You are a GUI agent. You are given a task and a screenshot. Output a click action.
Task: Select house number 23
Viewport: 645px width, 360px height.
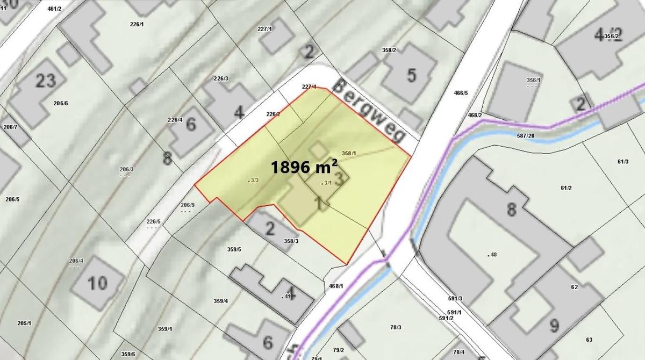(x=46, y=81)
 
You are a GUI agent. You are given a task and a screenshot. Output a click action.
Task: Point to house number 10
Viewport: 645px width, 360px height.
(x=97, y=283)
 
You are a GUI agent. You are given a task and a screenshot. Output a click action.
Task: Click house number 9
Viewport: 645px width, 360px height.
(x=554, y=325)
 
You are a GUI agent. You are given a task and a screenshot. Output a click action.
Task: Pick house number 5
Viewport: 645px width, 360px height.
(x=411, y=75)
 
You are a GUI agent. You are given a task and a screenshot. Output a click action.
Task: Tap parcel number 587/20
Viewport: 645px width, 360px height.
(x=526, y=135)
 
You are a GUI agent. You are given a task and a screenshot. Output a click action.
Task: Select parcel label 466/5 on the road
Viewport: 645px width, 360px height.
(x=461, y=93)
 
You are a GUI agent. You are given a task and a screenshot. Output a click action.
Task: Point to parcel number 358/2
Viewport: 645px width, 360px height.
(x=389, y=50)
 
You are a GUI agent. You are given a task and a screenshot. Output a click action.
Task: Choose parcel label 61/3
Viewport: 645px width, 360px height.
(x=623, y=161)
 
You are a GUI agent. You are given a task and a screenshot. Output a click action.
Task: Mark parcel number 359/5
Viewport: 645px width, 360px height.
(x=234, y=249)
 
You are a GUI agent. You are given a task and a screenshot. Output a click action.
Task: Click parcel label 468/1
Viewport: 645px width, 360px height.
(x=336, y=286)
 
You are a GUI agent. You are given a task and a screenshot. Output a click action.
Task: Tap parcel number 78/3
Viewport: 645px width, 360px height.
(x=397, y=327)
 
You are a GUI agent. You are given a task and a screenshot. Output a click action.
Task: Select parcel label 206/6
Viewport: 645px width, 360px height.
(x=61, y=103)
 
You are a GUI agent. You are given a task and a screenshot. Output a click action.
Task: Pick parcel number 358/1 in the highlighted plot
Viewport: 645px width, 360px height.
(x=349, y=154)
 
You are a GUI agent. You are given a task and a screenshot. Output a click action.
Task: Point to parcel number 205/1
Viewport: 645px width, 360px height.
(x=24, y=323)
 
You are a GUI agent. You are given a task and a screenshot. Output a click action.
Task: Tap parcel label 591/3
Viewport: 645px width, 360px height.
(x=455, y=298)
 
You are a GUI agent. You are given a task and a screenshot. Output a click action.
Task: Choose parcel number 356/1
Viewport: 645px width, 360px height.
(x=533, y=80)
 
